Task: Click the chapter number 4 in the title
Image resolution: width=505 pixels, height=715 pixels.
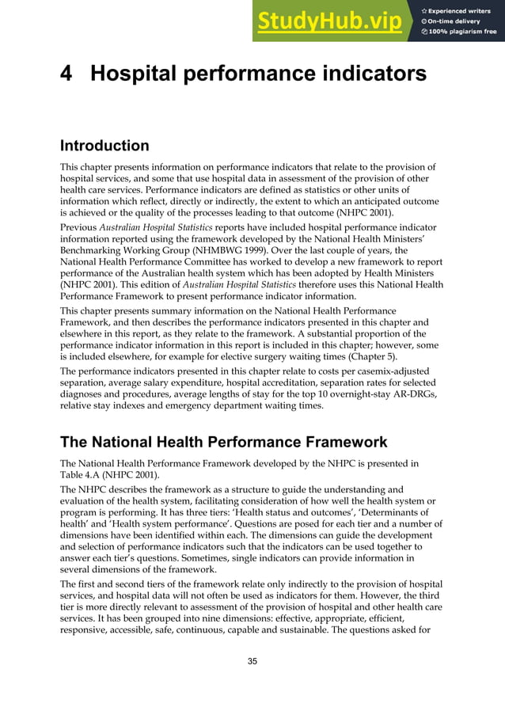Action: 68,74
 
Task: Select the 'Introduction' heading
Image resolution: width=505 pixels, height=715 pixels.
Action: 104,146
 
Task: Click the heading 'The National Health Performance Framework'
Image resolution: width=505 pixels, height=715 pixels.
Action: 224,442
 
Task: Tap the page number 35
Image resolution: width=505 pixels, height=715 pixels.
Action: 252,661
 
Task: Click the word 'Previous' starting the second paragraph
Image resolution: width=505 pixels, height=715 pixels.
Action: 79,226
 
